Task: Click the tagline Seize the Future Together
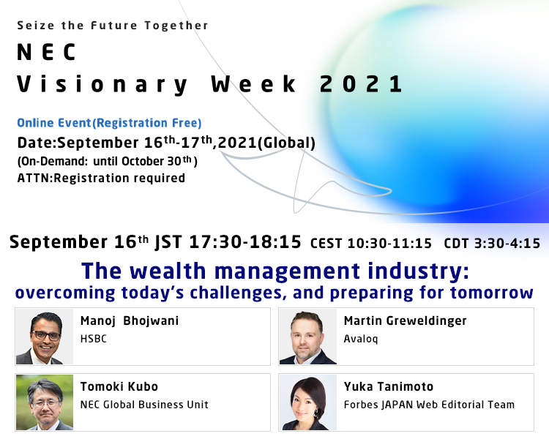pyautogui.click(x=113, y=26)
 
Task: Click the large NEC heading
pyautogui.click(x=47, y=52)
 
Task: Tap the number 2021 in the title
pyautogui.click(x=361, y=84)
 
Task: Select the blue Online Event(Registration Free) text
pyautogui.click(x=109, y=123)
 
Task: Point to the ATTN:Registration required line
pyautogui.click(x=101, y=179)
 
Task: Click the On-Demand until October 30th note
pyautogui.click(x=108, y=161)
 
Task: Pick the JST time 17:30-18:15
pyautogui.click(x=245, y=242)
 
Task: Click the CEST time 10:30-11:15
pyautogui.click(x=389, y=244)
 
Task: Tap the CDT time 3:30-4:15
pyautogui.click(x=507, y=244)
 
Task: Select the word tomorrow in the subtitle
pyautogui.click(x=492, y=293)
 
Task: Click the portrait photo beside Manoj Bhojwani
pyautogui.click(x=45, y=337)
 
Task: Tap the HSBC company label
pyautogui.click(x=94, y=339)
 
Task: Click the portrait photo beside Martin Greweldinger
pyautogui.click(x=308, y=337)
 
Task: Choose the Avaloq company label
pyautogui.click(x=361, y=339)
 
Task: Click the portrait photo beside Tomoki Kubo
pyautogui.click(x=45, y=402)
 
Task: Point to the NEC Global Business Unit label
pyautogui.click(x=144, y=405)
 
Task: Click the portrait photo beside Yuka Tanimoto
pyautogui.click(x=308, y=402)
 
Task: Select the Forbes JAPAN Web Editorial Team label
pyautogui.click(x=429, y=405)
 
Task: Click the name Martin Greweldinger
pyautogui.click(x=405, y=321)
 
